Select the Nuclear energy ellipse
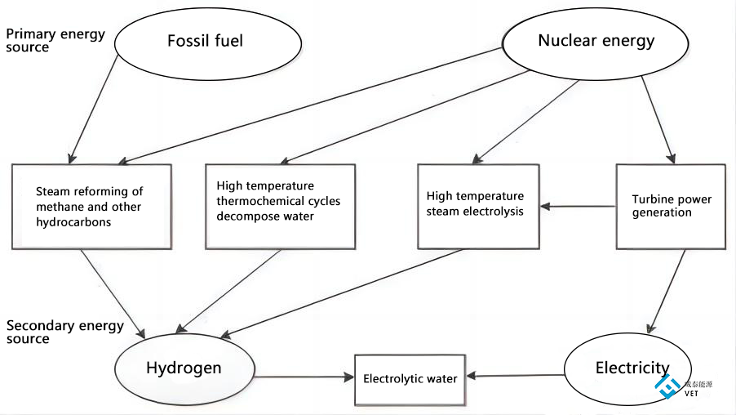tap(596, 41)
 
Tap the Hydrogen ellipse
tap(184, 368)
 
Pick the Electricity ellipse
tap(628, 368)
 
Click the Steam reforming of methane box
tap(91, 207)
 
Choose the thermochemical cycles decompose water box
tap(280, 207)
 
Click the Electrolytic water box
tap(410, 379)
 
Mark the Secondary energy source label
tap(64, 332)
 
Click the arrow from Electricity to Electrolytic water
tap(514, 376)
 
